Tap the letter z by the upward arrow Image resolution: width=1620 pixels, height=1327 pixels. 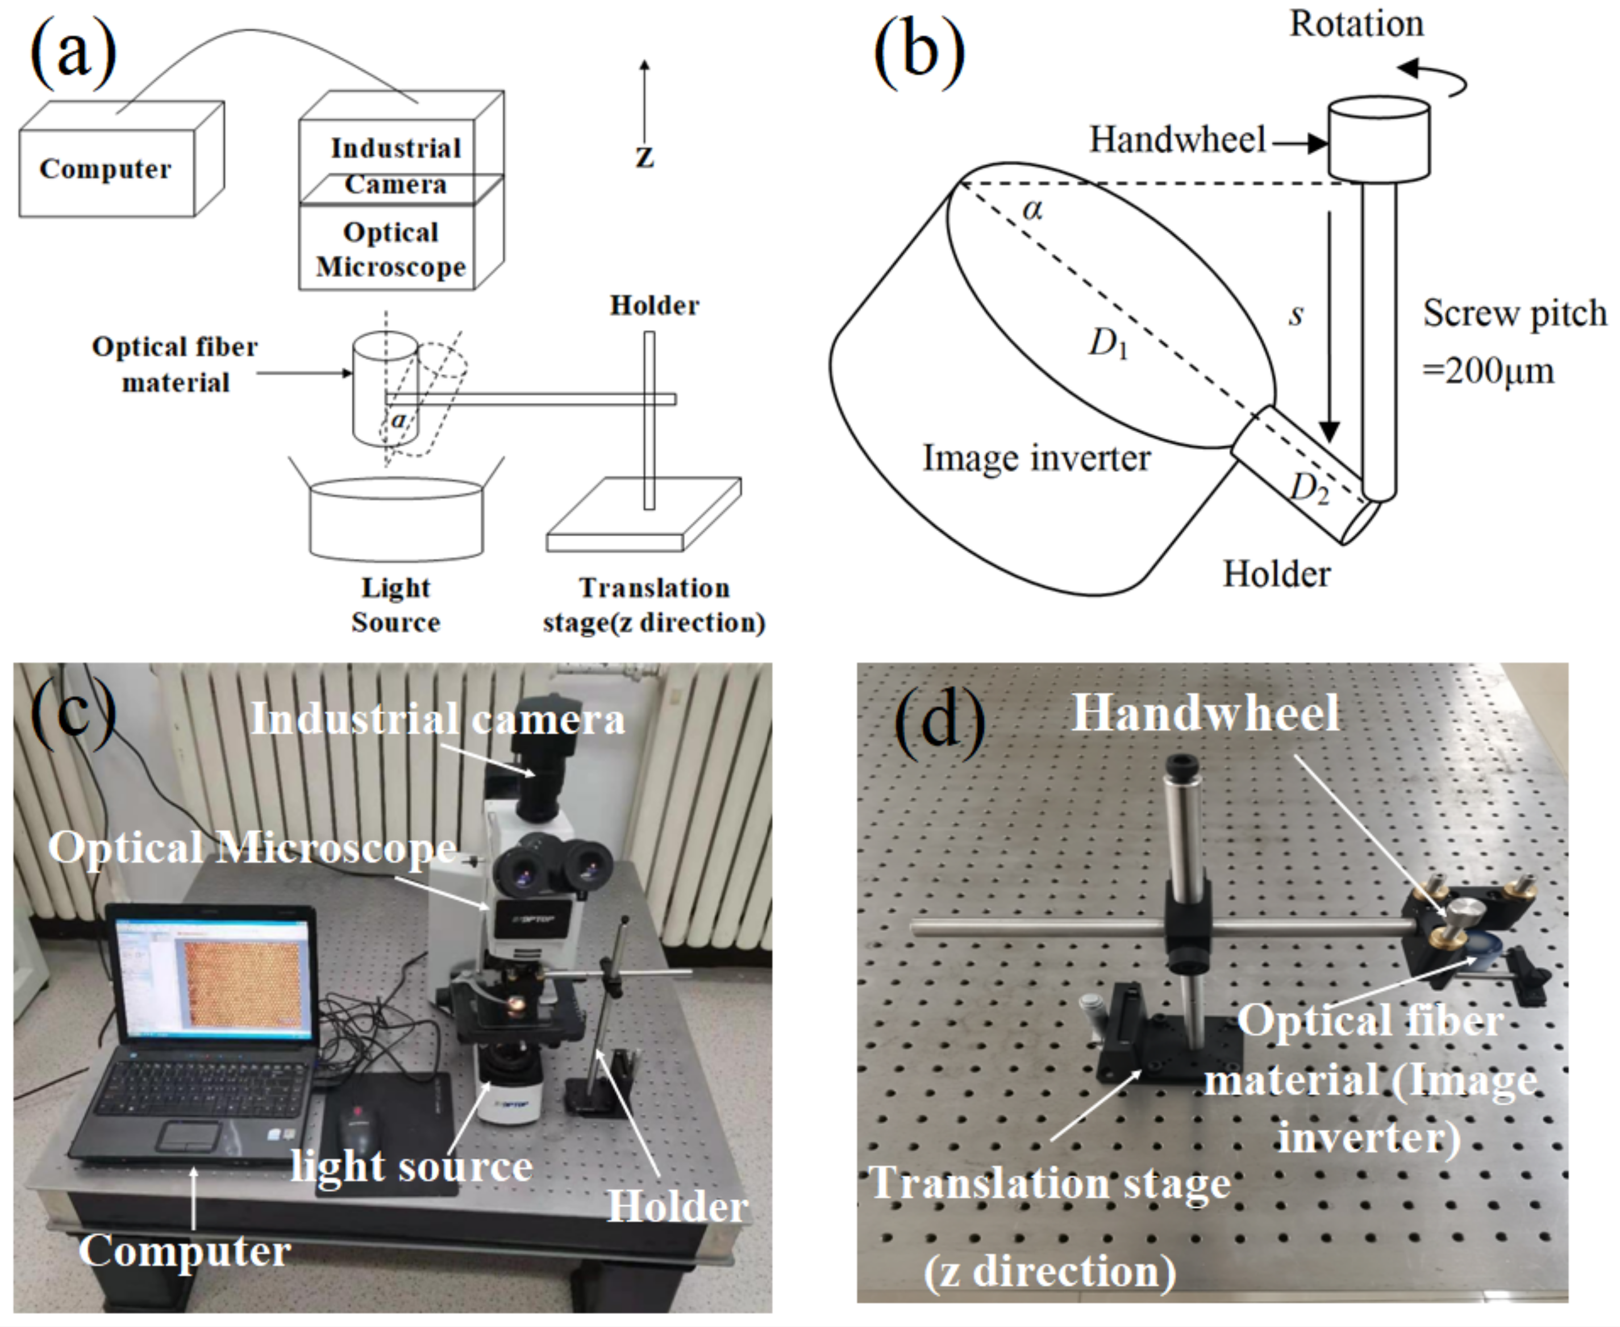[644, 157]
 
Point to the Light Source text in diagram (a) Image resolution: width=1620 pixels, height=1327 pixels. [395, 604]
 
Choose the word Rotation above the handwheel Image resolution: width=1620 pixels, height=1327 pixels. [1356, 24]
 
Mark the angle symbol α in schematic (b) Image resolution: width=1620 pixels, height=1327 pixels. [1032, 208]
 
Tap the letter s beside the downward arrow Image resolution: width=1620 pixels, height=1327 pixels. [1295, 314]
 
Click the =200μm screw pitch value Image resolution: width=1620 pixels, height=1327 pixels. [1488, 372]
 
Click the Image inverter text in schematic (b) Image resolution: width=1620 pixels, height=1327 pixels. [1036, 458]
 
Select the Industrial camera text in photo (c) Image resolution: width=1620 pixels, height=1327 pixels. [438, 719]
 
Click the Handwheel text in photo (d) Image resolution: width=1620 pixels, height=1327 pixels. [1206, 713]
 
